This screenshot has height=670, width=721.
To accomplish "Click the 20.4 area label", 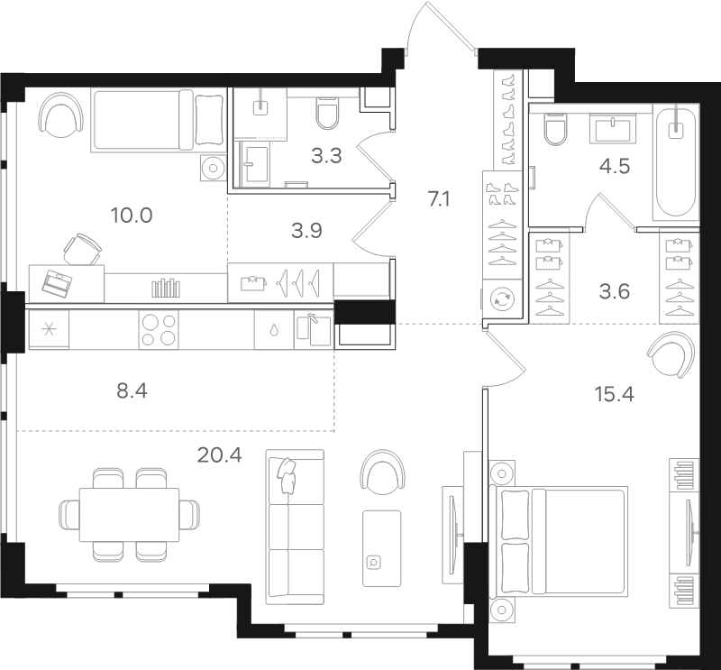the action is click(x=219, y=455).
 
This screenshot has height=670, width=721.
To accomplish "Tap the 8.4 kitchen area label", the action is click(x=132, y=391).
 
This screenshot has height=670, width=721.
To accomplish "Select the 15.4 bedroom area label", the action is click(x=615, y=394).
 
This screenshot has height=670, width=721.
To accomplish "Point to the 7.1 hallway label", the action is click(x=439, y=199).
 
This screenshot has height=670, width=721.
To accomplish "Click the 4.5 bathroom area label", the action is click(x=615, y=166).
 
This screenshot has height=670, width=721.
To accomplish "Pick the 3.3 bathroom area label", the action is click(x=326, y=156).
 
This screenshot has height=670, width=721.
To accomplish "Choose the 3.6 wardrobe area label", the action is click(x=615, y=291).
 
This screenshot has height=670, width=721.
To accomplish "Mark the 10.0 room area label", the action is click(x=132, y=215).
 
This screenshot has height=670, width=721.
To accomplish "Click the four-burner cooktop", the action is click(x=159, y=329).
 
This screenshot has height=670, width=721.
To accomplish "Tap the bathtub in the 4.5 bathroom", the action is click(x=675, y=161).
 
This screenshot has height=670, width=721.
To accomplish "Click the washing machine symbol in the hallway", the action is click(x=502, y=299).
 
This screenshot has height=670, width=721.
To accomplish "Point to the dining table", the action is click(x=129, y=515).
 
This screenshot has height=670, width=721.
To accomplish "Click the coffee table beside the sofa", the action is click(x=381, y=548).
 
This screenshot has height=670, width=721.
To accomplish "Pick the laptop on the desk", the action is click(x=57, y=282).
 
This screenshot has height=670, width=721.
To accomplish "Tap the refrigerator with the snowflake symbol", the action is click(x=49, y=329).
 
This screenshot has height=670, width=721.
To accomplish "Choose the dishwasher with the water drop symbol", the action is click(x=274, y=329).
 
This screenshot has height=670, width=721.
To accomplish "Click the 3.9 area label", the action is click(x=306, y=231).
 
